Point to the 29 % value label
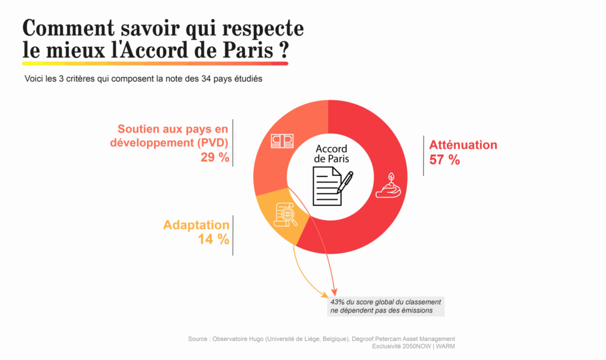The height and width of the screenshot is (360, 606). point(215,157)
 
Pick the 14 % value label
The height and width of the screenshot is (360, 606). point(214,239)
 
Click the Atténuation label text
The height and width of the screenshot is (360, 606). point(463,145)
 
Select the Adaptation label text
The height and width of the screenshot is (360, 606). point(196,225)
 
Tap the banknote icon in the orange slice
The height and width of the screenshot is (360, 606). point(282,140)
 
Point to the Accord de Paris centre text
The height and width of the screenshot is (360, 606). point(331,154)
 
